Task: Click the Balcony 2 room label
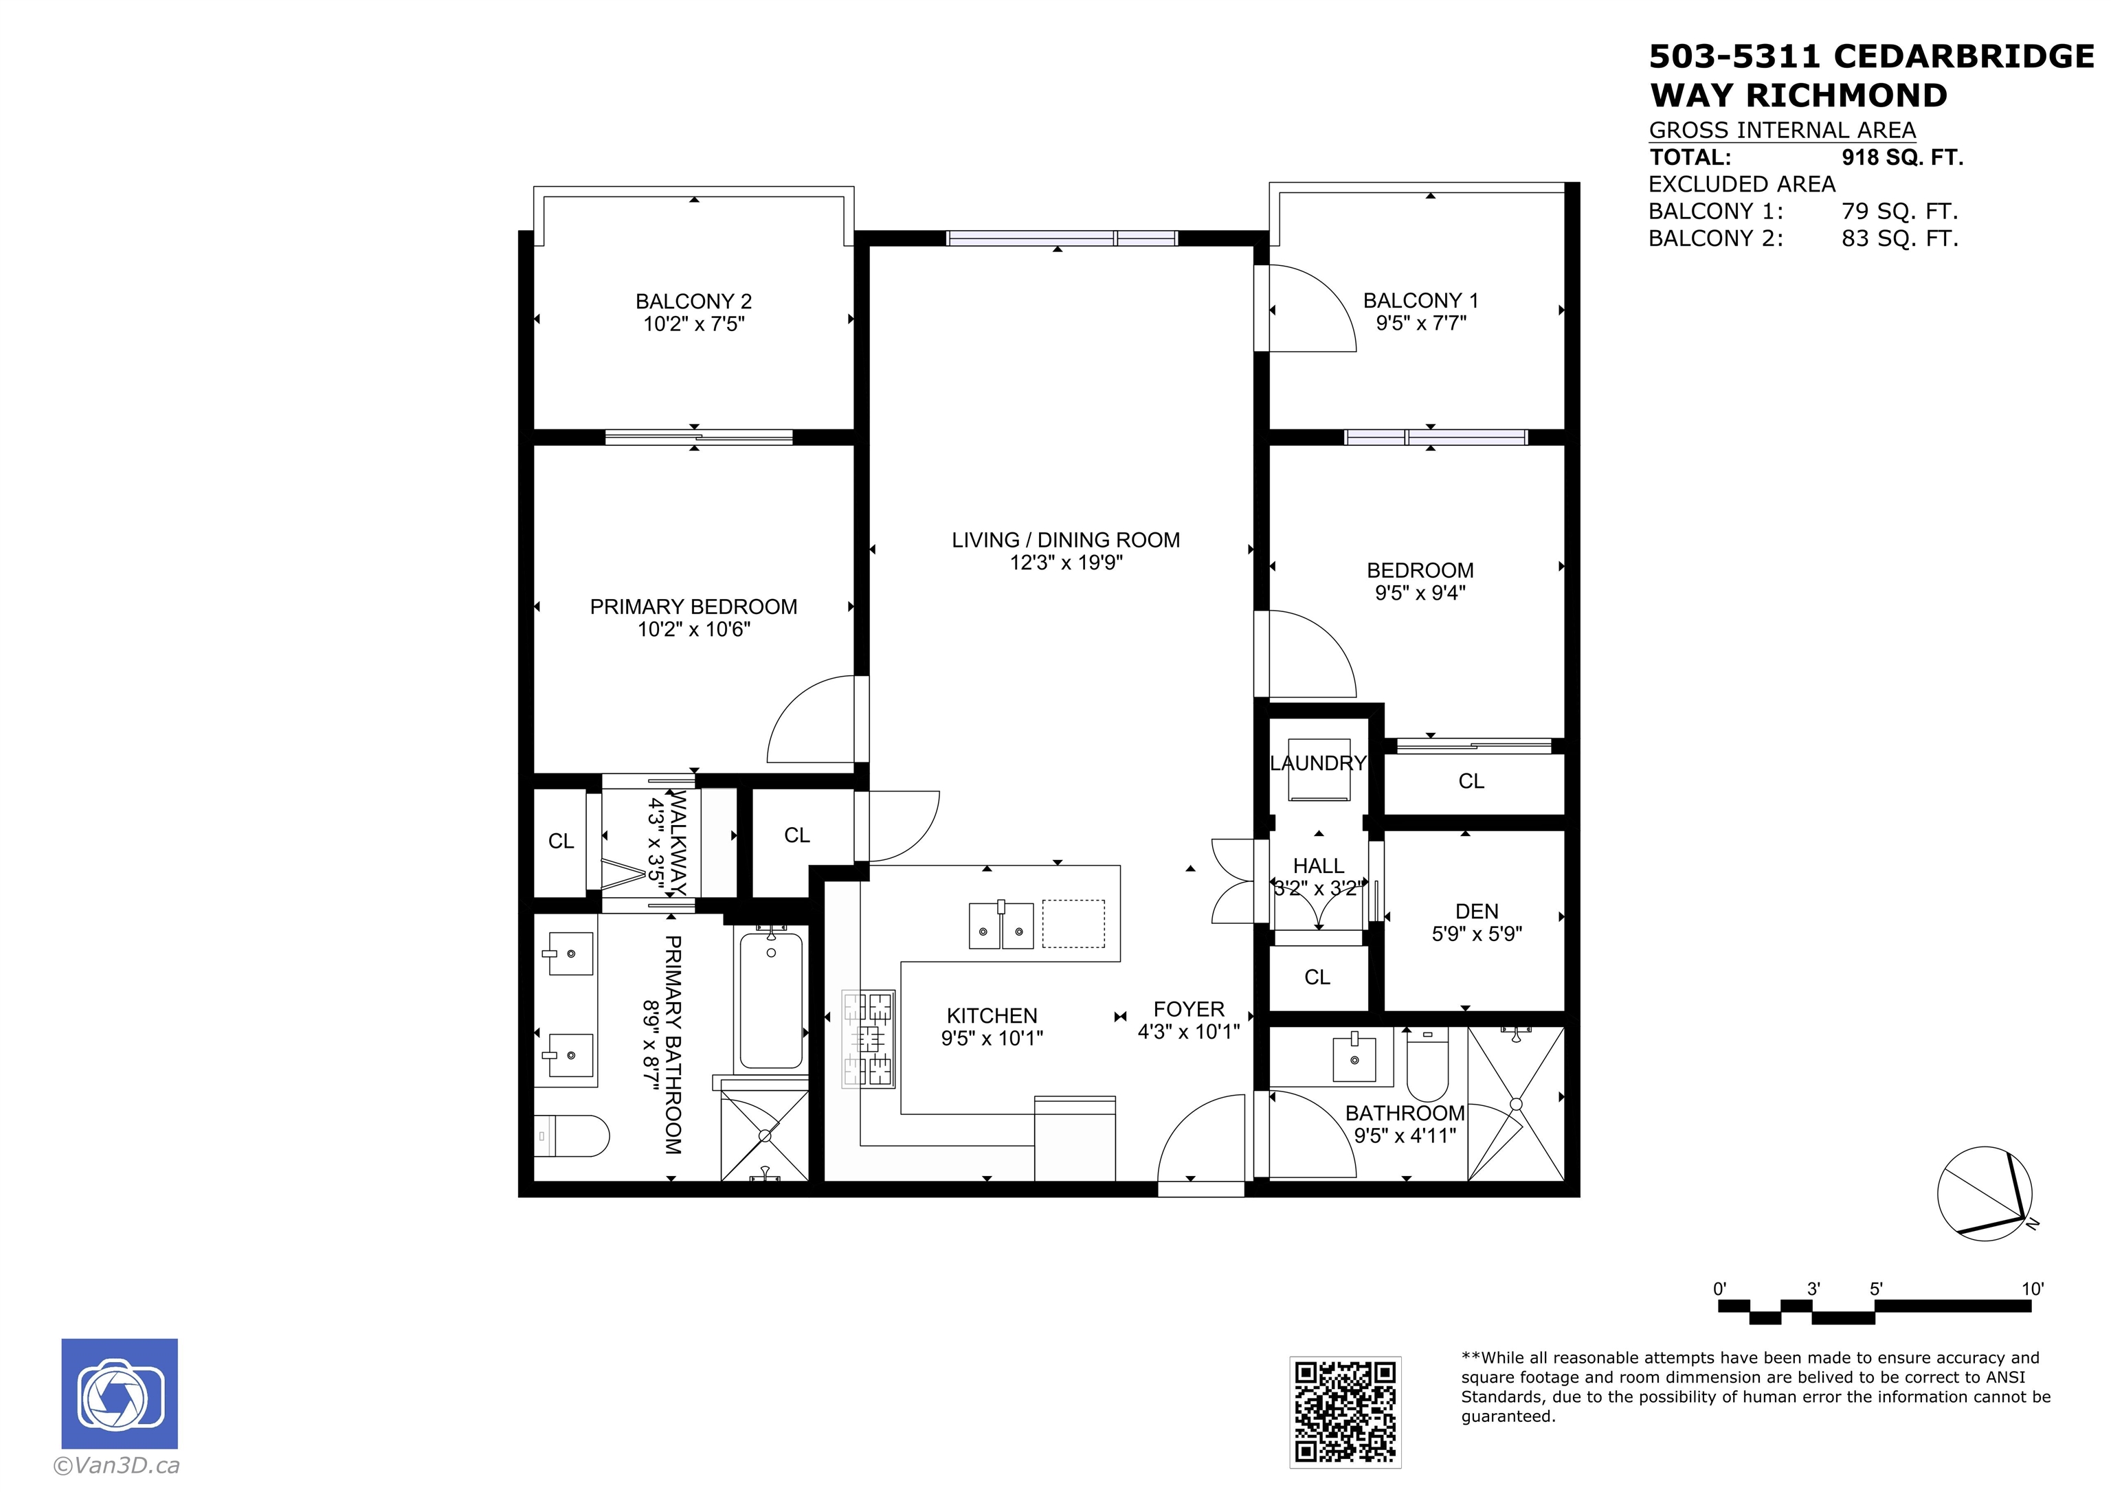coord(693,302)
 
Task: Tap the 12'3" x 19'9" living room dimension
coord(1066,563)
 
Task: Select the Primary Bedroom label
coord(693,607)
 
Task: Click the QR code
coord(1344,1411)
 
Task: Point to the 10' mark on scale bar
coord(2031,1289)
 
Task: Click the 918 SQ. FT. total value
coord(1901,157)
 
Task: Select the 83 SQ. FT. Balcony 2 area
coord(1899,238)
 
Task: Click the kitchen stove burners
coord(869,1038)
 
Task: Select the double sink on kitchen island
coord(1001,925)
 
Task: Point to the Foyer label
coord(1188,1009)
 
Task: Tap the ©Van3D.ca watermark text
coord(117,1465)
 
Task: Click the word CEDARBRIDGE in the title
coord(1963,57)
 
